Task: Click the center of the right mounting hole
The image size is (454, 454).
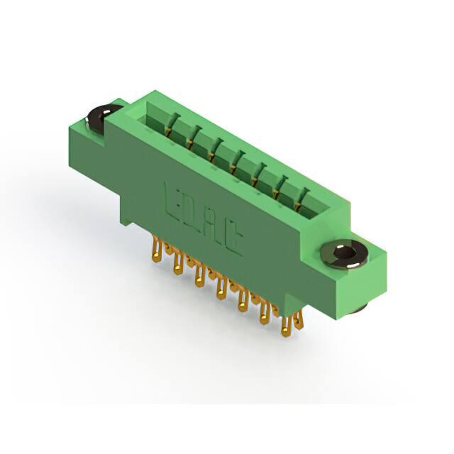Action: point(345,253)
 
